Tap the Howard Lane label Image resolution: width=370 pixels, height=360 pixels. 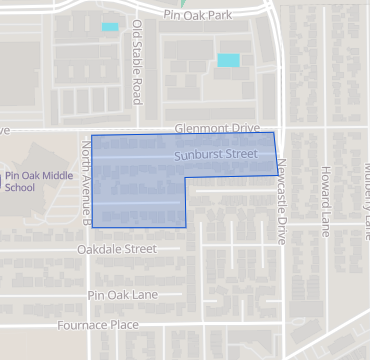[x=325, y=201]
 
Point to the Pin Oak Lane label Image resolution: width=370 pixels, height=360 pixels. [x=123, y=295]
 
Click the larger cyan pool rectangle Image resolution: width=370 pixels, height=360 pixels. [x=229, y=60]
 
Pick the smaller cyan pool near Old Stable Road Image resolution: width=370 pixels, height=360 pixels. [x=110, y=27]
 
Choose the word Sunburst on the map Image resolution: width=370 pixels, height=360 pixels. [x=196, y=156]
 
